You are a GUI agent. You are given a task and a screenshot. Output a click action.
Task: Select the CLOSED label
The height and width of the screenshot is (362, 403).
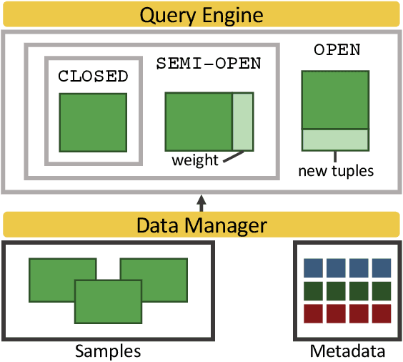coord(93,77)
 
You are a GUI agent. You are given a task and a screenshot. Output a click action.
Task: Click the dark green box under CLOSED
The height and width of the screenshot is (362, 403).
coord(93,122)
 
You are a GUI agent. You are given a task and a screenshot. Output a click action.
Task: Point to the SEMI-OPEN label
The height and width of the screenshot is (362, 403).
coord(209,63)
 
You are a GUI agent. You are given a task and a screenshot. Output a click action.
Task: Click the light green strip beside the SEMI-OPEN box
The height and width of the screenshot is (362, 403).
coord(243,121)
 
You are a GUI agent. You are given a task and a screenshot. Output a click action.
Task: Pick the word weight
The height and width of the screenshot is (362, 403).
coord(194,160)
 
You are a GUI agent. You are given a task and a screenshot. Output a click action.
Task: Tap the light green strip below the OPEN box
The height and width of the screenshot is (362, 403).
coord(335,140)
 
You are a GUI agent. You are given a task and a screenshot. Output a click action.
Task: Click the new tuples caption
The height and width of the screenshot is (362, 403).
coord(336,171)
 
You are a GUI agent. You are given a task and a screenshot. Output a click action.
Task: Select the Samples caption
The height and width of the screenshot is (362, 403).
coord(108,351)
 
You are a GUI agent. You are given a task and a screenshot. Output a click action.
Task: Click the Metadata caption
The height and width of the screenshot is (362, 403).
coord(347,351)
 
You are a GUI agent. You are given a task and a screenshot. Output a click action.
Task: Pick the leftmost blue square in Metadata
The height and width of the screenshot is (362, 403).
coord(315,268)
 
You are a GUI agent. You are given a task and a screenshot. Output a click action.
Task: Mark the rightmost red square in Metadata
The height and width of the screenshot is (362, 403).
coord(381,313)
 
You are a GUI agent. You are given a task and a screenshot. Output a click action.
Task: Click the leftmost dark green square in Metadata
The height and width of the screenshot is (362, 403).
coord(315,290)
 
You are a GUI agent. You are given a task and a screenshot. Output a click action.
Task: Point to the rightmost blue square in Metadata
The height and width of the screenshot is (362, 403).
coord(381,268)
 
